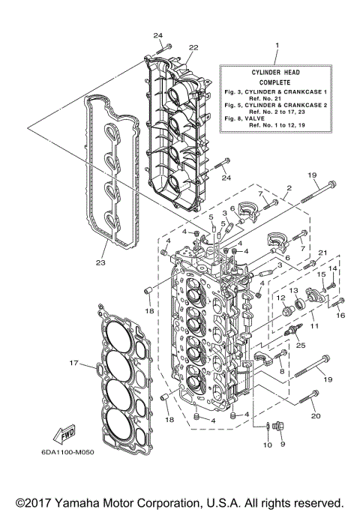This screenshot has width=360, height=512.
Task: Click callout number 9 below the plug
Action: click(x=283, y=444)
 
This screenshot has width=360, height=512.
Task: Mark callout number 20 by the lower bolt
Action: click(x=315, y=415)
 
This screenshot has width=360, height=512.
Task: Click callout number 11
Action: click(x=314, y=326)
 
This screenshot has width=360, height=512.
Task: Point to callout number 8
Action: click(x=282, y=370)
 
